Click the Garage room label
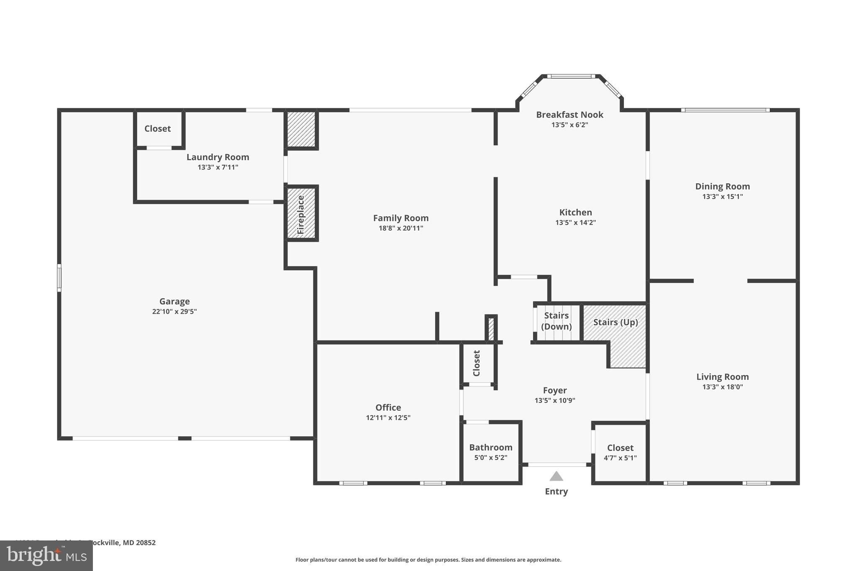pos(174,301)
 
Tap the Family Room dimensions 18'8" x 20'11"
pos(400,228)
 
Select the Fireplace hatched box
pos(301,213)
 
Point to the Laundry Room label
pos(218,157)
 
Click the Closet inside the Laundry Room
pos(158,128)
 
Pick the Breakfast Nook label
pos(570,115)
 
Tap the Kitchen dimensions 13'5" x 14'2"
pos(575,223)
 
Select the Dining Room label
pos(722,187)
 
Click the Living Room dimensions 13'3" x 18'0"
pos(722,387)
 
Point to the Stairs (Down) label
pos(556,321)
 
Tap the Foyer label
pos(555,390)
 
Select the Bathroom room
pos(491,452)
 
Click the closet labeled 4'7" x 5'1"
pos(620,453)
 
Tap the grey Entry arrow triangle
pos(556,476)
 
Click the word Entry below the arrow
pos(556,492)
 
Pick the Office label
pos(388,407)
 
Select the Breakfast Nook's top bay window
pos(571,76)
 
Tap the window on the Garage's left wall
pos(59,278)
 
